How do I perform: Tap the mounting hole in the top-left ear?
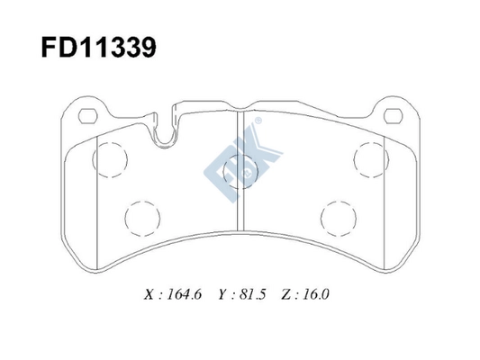(87, 116)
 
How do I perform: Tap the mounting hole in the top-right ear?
(393, 116)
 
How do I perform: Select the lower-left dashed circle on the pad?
(140, 217)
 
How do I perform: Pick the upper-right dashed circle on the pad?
(369, 159)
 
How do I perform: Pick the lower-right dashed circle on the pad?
(338, 217)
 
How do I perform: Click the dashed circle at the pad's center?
(240, 166)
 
